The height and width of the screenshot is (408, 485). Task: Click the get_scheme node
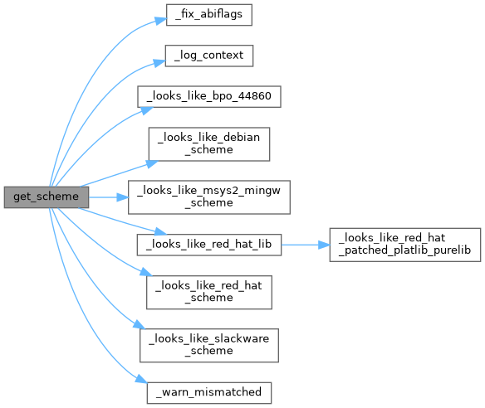[x=47, y=197]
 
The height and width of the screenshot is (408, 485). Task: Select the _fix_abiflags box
[x=209, y=15]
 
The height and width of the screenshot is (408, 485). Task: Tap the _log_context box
[x=209, y=56]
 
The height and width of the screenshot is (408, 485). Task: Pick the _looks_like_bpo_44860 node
[x=209, y=97]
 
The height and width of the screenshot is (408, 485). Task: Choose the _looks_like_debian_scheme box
[x=209, y=144]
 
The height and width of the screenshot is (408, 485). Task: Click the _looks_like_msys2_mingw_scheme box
[x=209, y=197]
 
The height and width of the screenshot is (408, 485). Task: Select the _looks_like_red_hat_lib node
[x=209, y=245]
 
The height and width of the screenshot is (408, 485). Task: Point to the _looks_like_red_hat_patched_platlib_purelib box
[x=405, y=245]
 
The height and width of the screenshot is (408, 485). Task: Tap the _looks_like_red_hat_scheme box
[x=209, y=292]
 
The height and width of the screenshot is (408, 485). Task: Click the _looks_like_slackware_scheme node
[x=209, y=345]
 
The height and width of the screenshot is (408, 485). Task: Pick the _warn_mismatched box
[x=209, y=393]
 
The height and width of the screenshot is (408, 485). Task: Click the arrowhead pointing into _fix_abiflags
[x=161, y=21]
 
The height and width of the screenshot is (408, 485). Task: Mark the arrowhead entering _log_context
[x=159, y=63]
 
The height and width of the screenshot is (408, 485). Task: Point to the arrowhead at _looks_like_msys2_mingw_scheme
[x=122, y=197]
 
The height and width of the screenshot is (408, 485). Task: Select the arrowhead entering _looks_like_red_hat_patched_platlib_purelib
[x=324, y=245]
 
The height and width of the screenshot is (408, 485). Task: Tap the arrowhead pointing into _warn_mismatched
[x=141, y=379]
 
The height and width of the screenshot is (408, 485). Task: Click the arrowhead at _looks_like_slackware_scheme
[x=140, y=325]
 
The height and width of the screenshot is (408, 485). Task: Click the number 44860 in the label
[x=255, y=96]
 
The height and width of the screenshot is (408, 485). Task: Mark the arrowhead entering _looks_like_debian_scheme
[x=152, y=163]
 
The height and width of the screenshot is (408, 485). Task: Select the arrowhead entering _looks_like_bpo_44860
[x=147, y=110]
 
